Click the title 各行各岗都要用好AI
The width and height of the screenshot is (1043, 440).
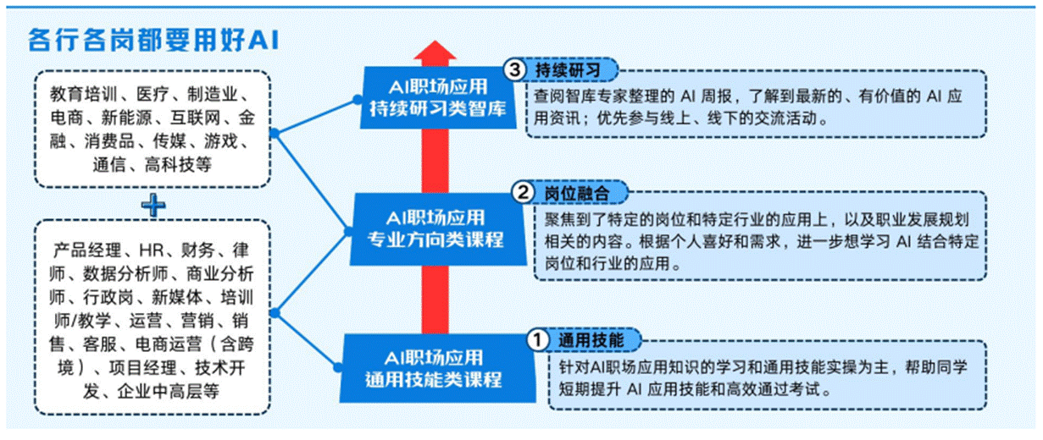coord(153,39)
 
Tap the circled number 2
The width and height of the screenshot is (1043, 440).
coord(523,194)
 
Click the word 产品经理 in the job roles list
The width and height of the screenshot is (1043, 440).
coord(86,250)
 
